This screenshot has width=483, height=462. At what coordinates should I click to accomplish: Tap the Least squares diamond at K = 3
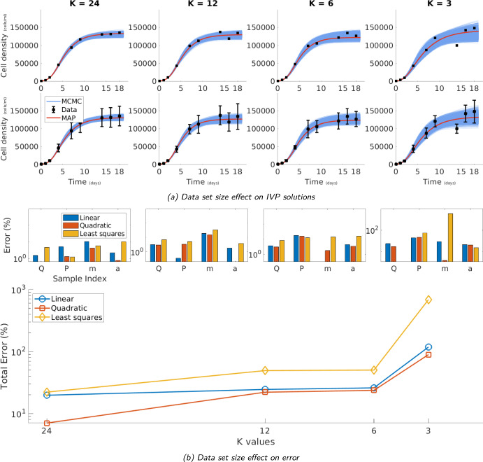coord(428,300)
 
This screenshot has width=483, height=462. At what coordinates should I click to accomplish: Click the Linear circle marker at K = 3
coord(428,347)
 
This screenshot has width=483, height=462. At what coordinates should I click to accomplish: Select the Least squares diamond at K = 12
coord(265,370)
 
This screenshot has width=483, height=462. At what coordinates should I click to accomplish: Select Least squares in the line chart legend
coord(75,317)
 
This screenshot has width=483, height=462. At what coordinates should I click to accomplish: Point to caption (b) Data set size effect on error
coord(241,457)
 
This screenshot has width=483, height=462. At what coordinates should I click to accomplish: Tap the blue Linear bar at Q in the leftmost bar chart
coord(35,258)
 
